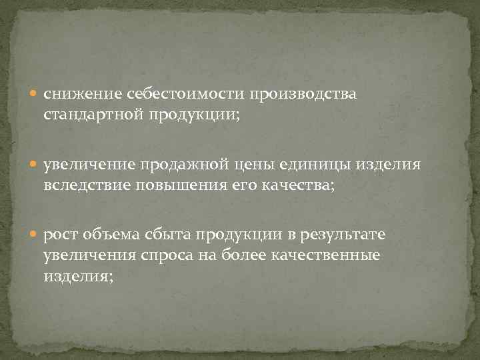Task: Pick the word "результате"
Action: (x=345, y=235)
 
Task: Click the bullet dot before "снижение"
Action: (x=35, y=95)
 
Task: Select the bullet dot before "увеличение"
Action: (x=35, y=165)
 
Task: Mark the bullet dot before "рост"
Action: (x=35, y=235)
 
